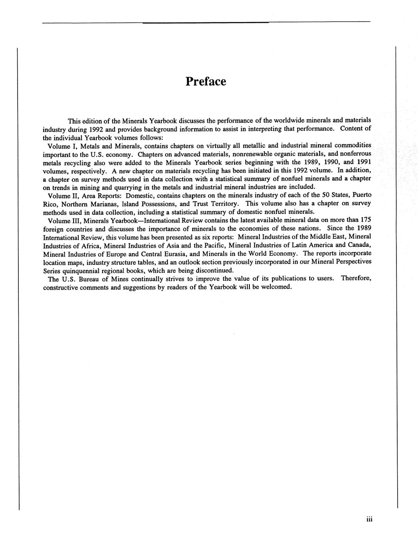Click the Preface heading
tap(206, 82)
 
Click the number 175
tap(366, 220)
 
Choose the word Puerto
tap(362, 195)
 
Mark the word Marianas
tap(102, 204)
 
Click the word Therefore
tap(356, 278)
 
